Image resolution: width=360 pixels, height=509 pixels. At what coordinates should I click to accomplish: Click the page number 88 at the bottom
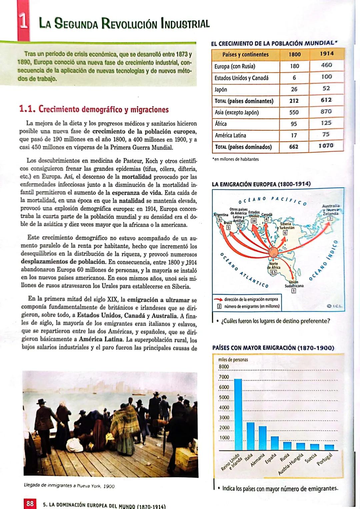coord(30,503)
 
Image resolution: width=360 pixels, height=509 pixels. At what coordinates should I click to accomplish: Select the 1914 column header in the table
coord(326,54)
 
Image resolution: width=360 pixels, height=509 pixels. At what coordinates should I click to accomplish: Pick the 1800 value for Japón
coord(294,89)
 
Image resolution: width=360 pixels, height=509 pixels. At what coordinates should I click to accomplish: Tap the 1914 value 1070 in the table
coord(326,146)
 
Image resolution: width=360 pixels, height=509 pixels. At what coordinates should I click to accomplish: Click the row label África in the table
coord(221,124)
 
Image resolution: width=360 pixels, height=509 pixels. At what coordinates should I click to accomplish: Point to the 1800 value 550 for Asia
coord(294,112)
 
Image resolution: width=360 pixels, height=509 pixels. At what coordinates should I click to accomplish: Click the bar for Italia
coord(251,436)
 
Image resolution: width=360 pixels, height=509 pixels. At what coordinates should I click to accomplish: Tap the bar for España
coord(275,443)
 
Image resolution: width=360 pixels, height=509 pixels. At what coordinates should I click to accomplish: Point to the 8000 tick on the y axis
coord(224,367)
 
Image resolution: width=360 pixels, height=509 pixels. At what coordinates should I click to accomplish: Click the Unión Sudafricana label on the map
coord(294,284)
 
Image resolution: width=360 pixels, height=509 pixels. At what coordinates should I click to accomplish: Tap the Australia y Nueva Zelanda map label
coord(330,210)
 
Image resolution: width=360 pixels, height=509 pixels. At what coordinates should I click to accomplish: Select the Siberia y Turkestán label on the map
coord(285,226)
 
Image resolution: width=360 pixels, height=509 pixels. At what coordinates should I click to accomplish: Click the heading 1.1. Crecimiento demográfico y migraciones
coord(94,109)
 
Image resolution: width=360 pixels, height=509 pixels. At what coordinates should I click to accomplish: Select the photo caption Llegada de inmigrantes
coord(69,486)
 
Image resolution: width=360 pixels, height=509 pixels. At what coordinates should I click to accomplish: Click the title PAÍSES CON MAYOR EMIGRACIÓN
coord(273,348)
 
